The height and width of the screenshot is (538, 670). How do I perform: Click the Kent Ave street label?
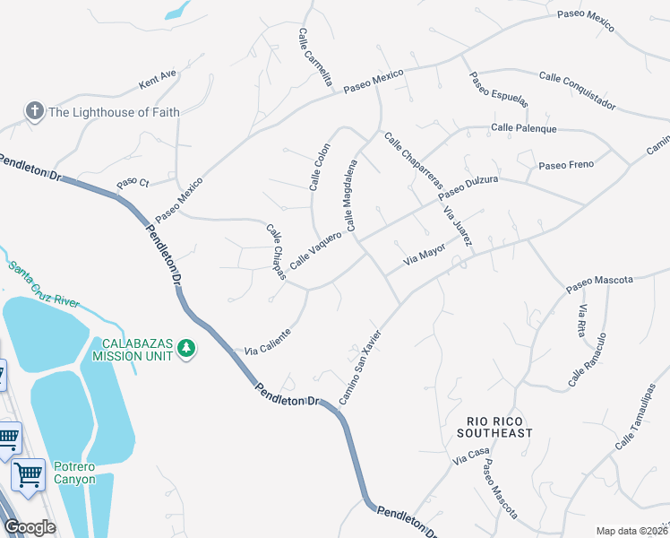[x=159, y=81]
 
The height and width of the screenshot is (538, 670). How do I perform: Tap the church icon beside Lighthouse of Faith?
[x=35, y=111]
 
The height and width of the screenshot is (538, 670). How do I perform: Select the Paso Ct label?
[x=132, y=184]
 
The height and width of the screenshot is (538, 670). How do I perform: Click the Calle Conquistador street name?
[x=576, y=90]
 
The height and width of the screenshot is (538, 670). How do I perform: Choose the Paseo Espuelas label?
[x=499, y=86]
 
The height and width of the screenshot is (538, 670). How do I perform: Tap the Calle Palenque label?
[x=523, y=128]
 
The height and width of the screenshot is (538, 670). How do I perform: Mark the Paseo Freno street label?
[x=566, y=165]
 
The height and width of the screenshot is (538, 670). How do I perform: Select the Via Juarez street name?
[x=457, y=225]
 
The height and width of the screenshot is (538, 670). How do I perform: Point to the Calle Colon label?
[x=321, y=167]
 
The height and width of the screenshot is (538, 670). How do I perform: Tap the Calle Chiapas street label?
[x=276, y=251]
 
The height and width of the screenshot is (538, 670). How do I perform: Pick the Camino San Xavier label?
[x=360, y=367]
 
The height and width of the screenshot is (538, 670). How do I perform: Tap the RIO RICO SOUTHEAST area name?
[x=500, y=427]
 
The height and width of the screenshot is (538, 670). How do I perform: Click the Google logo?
[x=30, y=527]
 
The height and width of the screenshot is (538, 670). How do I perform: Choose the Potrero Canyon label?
[x=73, y=473]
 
